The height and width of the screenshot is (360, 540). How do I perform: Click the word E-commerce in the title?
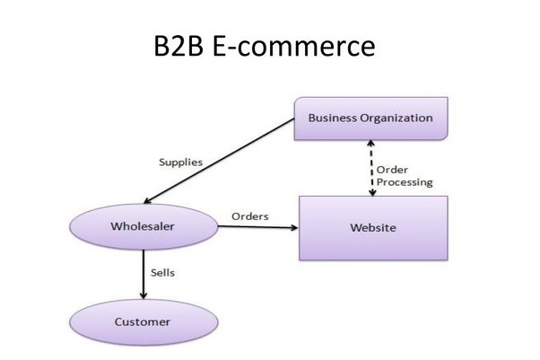(x=295, y=47)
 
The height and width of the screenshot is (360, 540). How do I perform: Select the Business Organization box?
(x=370, y=119)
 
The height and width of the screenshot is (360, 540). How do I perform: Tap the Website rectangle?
(x=372, y=227)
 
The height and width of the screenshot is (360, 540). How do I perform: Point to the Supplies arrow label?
(x=180, y=162)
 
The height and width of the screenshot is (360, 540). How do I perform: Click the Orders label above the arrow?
(x=250, y=216)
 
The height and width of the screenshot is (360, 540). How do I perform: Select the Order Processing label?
(x=404, y=175)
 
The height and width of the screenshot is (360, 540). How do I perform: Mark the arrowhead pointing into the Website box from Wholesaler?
(x=293, y=227)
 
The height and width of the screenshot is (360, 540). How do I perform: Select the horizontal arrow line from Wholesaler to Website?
(x=256, y=227)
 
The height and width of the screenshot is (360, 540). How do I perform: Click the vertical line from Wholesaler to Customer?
(x=143, y=269)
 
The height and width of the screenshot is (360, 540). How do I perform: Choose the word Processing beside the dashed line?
(x=404, y=182)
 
